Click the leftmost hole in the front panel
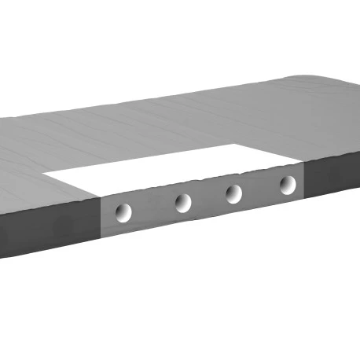(123, 211)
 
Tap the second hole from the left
(183, 202)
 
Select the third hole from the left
(233, 193)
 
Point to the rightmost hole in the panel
(288, 185)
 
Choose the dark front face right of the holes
(330, 177)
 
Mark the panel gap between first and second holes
(153, 208)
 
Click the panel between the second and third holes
(208, 198)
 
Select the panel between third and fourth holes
(260, 189)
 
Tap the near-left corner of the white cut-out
(100, 196)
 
